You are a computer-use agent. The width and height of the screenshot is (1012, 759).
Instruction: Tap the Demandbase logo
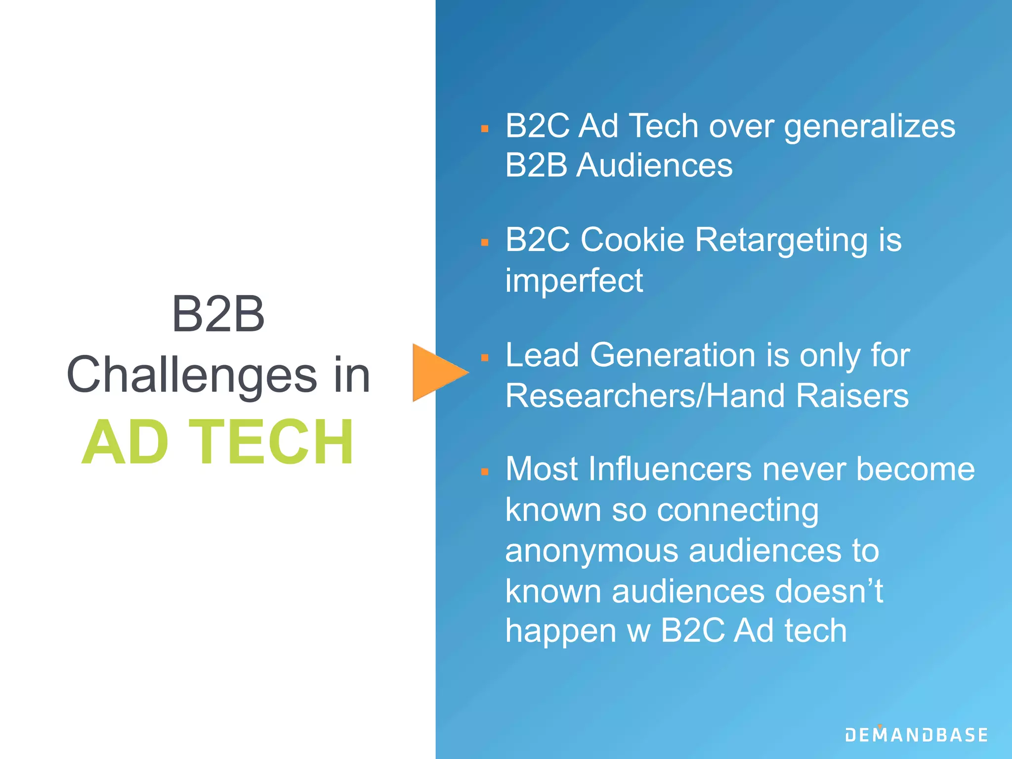(916, 735)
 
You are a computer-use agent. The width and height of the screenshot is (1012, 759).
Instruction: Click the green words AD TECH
(218, 442)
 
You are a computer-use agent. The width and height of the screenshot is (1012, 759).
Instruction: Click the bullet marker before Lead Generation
(485, 358)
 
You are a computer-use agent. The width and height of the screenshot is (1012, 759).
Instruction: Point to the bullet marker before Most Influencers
(485, 472)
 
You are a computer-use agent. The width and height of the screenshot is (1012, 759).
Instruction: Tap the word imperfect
(574, 281)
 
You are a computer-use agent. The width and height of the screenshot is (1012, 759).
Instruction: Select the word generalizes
(869, 126)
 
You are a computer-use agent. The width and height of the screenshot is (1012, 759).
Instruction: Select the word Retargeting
(781, 240)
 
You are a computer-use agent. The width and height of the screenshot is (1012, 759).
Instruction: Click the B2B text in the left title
(218, 314)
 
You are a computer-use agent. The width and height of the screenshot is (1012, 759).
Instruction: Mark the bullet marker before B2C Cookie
(485, 243)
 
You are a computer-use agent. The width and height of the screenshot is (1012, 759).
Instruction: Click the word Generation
(673, 355)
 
